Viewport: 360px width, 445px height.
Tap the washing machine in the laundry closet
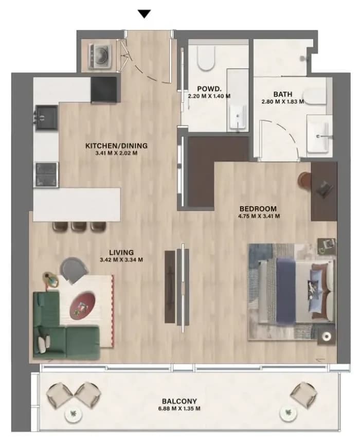pyautogui.click(x=100, y=56)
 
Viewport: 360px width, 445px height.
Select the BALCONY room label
pyautogui.click(x=179, y=401)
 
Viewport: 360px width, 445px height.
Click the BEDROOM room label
pyautogui.click(x=258, y=209)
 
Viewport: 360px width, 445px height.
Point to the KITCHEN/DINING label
pyautogui.click(x=117, y=146)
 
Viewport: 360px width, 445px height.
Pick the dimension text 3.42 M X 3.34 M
pyautogui.click(x=121, y=260)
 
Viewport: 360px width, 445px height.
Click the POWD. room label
pyautogui.click(x=209, y=89)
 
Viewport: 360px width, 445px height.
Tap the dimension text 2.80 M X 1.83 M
pyautogui.click(x=282, y=101)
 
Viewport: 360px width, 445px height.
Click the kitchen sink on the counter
pyautogui.click(x=47, y=117)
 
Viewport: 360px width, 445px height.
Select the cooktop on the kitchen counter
pyautogui.click(x=47, y=174)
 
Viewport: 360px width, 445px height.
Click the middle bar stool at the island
pyautogui.click(x=79, y=226)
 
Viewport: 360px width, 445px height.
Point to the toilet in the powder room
pyautogui.click(x=206, y=59)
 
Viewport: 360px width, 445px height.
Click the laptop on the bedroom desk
pyautogui.click(x=324, y=188)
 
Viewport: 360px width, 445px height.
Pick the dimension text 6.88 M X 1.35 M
pyautogui.click(x=179, y=408)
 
